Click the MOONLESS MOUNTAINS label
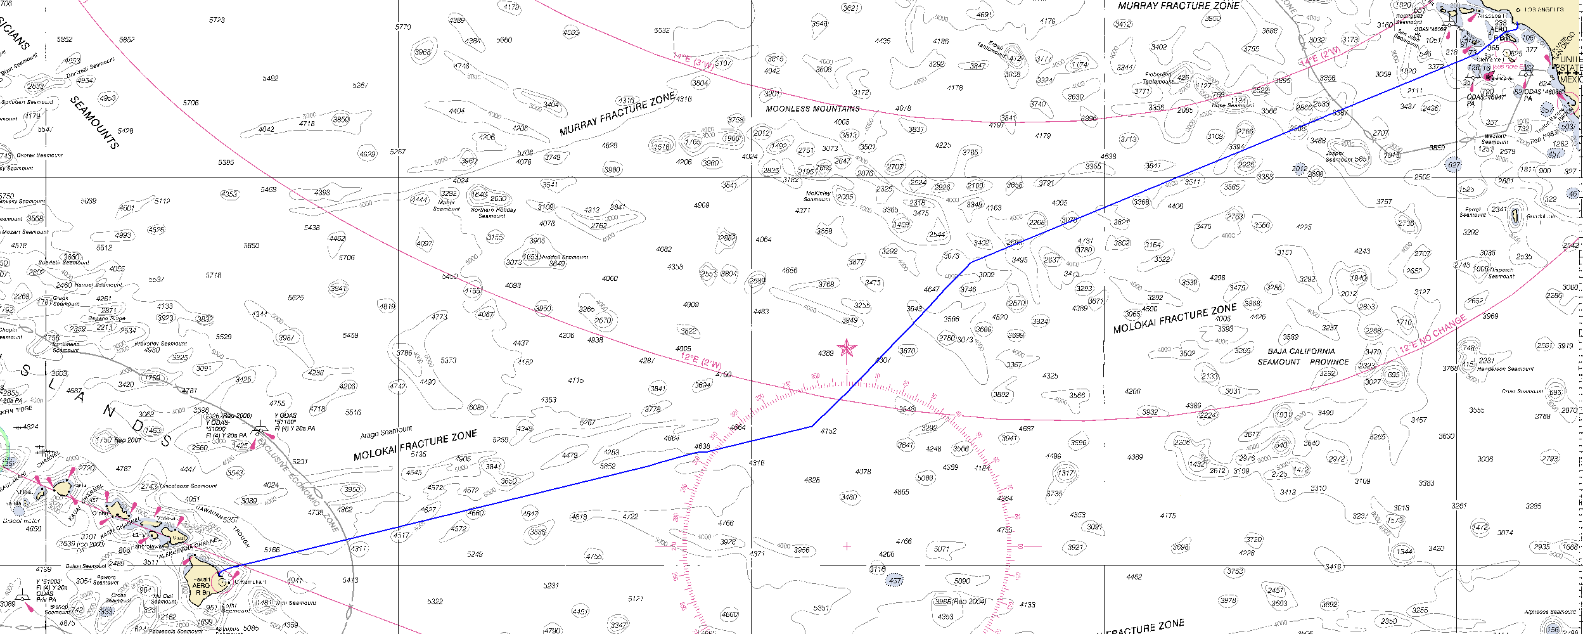[812, 109]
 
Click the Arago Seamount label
[386, 432]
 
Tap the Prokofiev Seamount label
[161, 344]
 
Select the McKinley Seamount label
[817, 196]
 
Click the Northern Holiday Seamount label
[493, 212]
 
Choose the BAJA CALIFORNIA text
[1301, 351]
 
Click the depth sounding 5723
[217, 20]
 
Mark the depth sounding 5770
[403, 27]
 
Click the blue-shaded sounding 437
[895, 581]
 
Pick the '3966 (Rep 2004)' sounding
[961, 602]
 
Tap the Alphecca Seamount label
[1549, 612]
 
